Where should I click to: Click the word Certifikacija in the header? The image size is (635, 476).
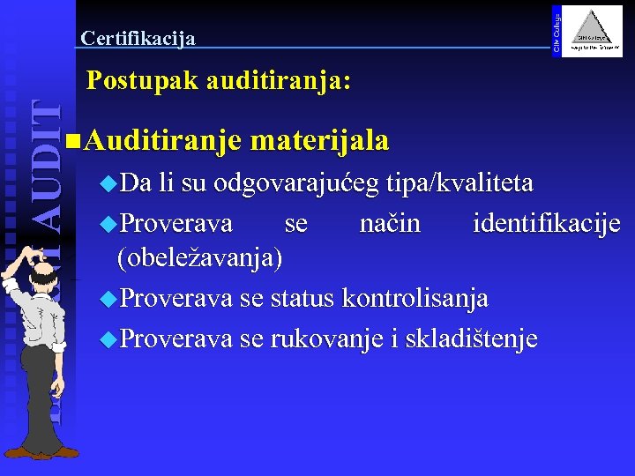coord(138,38)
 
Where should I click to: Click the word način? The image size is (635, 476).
coord(390,223)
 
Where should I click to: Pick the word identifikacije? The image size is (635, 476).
coord(547,223)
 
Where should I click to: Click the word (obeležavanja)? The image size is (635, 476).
coord(200,257)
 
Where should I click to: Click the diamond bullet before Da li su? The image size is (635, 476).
coord(108,184)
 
